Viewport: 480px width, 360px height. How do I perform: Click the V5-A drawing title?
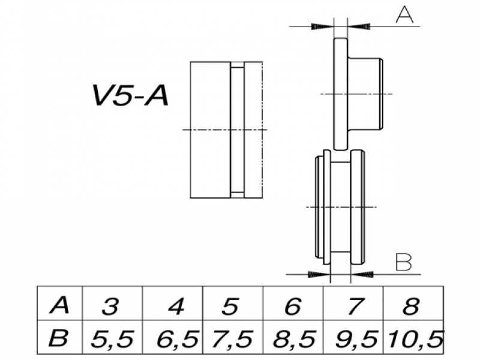[130, 96]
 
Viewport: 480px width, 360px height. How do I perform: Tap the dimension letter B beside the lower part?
[404, 262]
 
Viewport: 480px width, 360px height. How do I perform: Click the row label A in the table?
[58, 307]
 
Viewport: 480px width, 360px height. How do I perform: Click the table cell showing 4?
[175, 307]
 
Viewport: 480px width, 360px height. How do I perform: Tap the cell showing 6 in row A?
[292, 307]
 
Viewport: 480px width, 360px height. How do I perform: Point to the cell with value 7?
[354, 307]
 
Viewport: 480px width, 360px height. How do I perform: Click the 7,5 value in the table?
[233, 340]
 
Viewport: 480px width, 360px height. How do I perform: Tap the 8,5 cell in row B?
[293, 340]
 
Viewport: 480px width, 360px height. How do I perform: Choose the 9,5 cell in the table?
[354, 340]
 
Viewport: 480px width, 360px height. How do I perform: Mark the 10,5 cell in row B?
[415, 340]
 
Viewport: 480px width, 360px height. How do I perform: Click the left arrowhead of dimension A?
[323, 26]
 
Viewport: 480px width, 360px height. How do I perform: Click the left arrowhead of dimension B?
[319, 274]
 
